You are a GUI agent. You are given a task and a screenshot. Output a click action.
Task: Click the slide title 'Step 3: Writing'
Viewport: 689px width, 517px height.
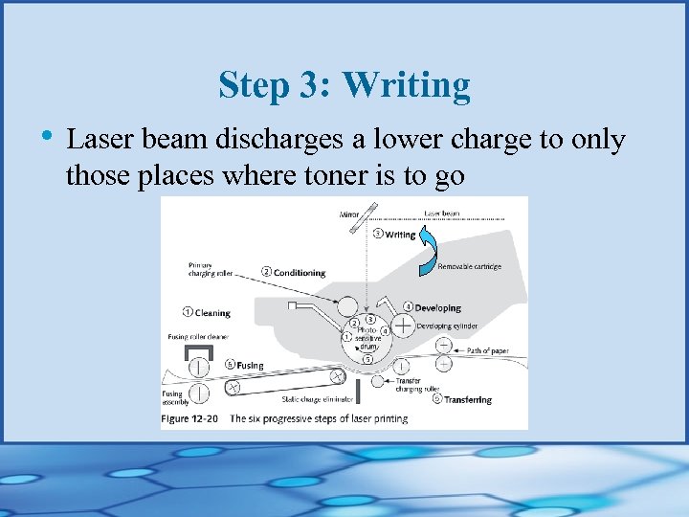[x=344, y=85]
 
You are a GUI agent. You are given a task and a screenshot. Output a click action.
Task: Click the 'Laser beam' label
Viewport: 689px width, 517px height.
[x=443, y=212]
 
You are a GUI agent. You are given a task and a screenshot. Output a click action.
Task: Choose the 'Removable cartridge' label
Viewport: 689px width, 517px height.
[x=469, y=267]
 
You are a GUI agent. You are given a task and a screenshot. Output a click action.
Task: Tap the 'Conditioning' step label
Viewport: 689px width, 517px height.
[x=298, y=273]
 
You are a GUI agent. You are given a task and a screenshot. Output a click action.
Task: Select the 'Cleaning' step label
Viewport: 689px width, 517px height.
[x=212, y=312]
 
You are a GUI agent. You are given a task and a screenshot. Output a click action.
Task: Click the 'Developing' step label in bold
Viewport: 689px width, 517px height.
[x=437, y=308]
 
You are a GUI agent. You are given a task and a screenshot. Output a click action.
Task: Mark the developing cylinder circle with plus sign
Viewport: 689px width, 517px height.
[x=404, y=326]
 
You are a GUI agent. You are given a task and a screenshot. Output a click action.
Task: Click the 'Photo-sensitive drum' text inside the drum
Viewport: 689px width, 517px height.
[x=368, y=339]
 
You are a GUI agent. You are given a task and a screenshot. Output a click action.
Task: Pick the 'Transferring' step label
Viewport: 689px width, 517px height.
[x=467, y=399]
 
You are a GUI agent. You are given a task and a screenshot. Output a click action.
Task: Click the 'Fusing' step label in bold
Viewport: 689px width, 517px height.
[x=250, y=365]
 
